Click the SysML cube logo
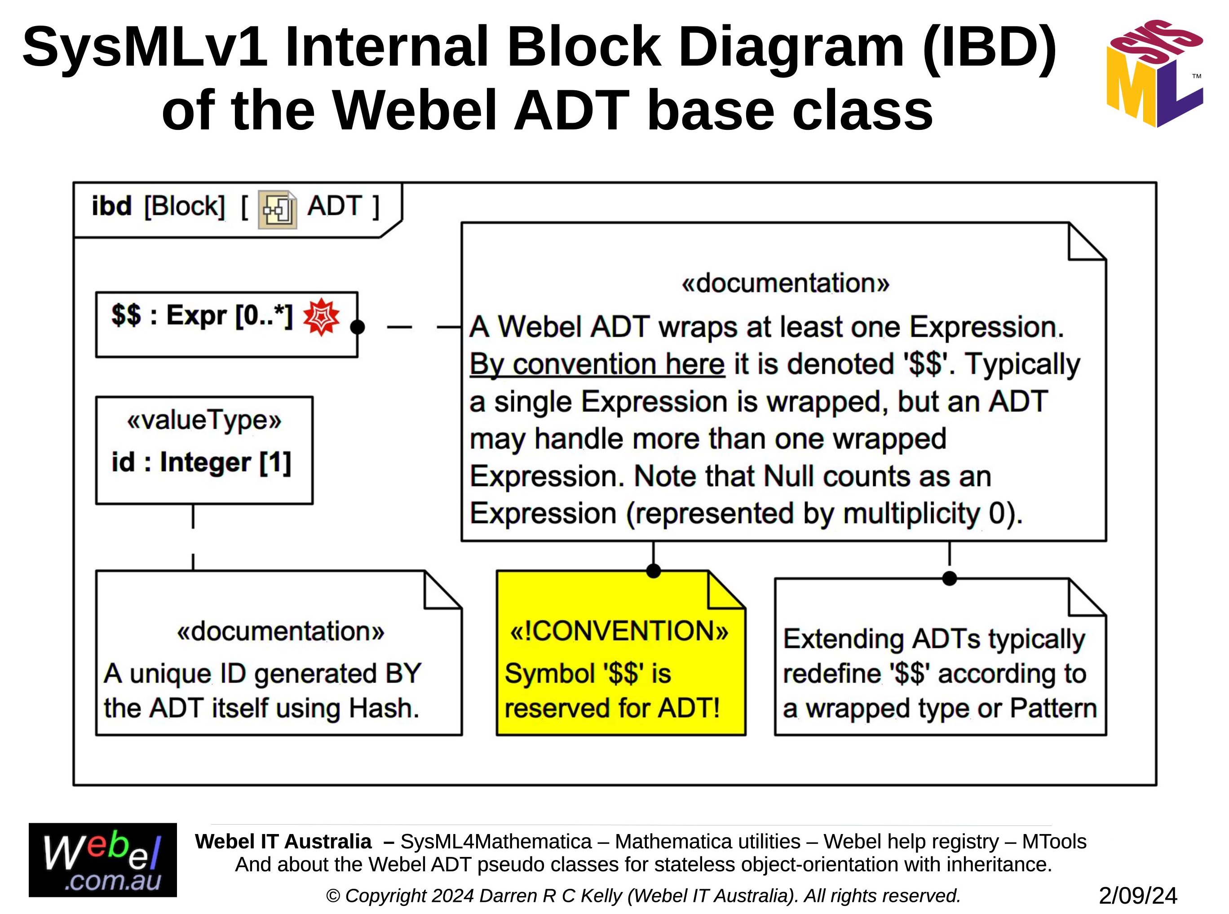tap(1154, 73)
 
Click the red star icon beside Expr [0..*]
tap(321, 317)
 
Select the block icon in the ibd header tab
tap(277, 209)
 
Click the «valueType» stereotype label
tap(204, 421)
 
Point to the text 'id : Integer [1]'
tap(201, 462)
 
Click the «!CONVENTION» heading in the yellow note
tap(619, 631)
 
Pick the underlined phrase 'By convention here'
tap(597, 364)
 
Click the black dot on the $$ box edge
tap(358, 327)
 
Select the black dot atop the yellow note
tap(653, 571)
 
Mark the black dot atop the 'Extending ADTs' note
tap(949, 578)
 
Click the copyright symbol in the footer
tap(333, 896)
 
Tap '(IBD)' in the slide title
tap(990, 48)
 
